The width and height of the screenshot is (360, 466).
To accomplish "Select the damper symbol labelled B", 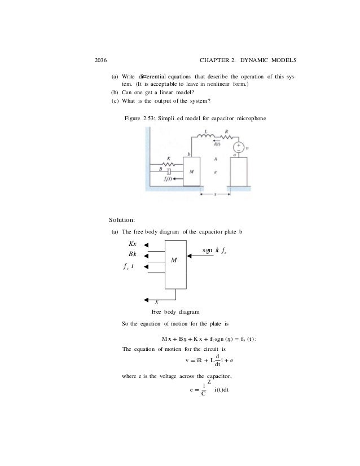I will click(169, 170).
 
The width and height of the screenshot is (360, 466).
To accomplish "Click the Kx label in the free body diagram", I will click(133, 244).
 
